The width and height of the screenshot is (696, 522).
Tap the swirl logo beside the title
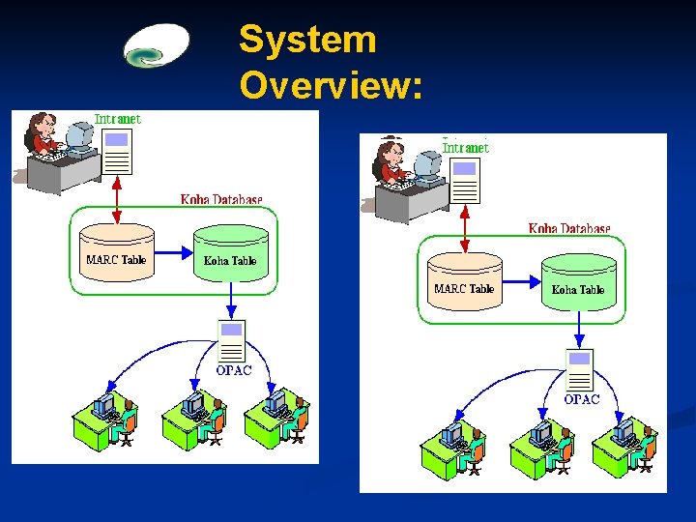157,45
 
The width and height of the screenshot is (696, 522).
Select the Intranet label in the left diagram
118,119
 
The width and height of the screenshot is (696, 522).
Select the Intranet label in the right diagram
466,148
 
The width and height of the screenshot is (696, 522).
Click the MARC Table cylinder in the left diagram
117,252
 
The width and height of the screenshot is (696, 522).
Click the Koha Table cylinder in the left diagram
231,253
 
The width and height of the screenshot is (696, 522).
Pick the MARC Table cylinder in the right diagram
465,281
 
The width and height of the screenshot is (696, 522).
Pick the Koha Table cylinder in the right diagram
579,282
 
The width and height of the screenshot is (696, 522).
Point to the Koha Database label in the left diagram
221,200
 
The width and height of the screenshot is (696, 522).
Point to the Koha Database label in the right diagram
569,228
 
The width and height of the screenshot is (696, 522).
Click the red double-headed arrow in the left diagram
117,200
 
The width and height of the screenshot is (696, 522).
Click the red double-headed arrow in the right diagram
465,229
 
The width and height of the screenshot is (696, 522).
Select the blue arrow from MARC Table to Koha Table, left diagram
174,253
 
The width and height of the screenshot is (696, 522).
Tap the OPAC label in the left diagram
234,370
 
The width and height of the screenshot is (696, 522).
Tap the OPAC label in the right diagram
582,399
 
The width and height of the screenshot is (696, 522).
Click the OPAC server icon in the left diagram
231,341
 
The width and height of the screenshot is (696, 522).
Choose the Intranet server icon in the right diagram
465,181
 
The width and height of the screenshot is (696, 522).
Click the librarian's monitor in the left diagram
80,137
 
